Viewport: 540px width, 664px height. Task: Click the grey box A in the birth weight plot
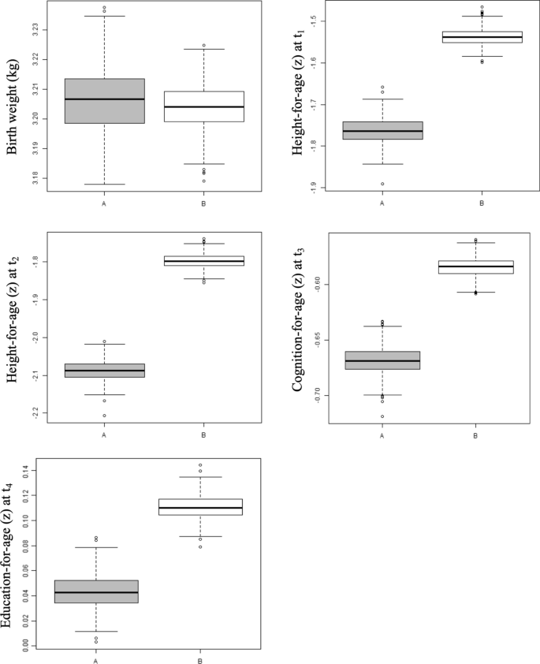[x=104, y=101]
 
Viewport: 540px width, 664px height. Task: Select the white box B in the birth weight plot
[x=203, y=106]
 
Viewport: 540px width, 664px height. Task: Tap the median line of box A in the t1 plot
[x=382, y=131]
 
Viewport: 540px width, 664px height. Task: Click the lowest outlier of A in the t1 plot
[x=382, y=184]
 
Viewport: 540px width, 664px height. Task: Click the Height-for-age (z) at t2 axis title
[x=13, y=326]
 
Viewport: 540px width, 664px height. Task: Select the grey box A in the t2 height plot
[x=104, y=371]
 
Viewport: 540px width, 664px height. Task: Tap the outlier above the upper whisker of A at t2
[x=104, y=342]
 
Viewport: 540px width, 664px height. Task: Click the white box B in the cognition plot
[x=475, y=267]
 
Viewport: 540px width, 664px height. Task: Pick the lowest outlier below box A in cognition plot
[x=382, y=416]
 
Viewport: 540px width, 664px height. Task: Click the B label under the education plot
[x=200, y=661]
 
